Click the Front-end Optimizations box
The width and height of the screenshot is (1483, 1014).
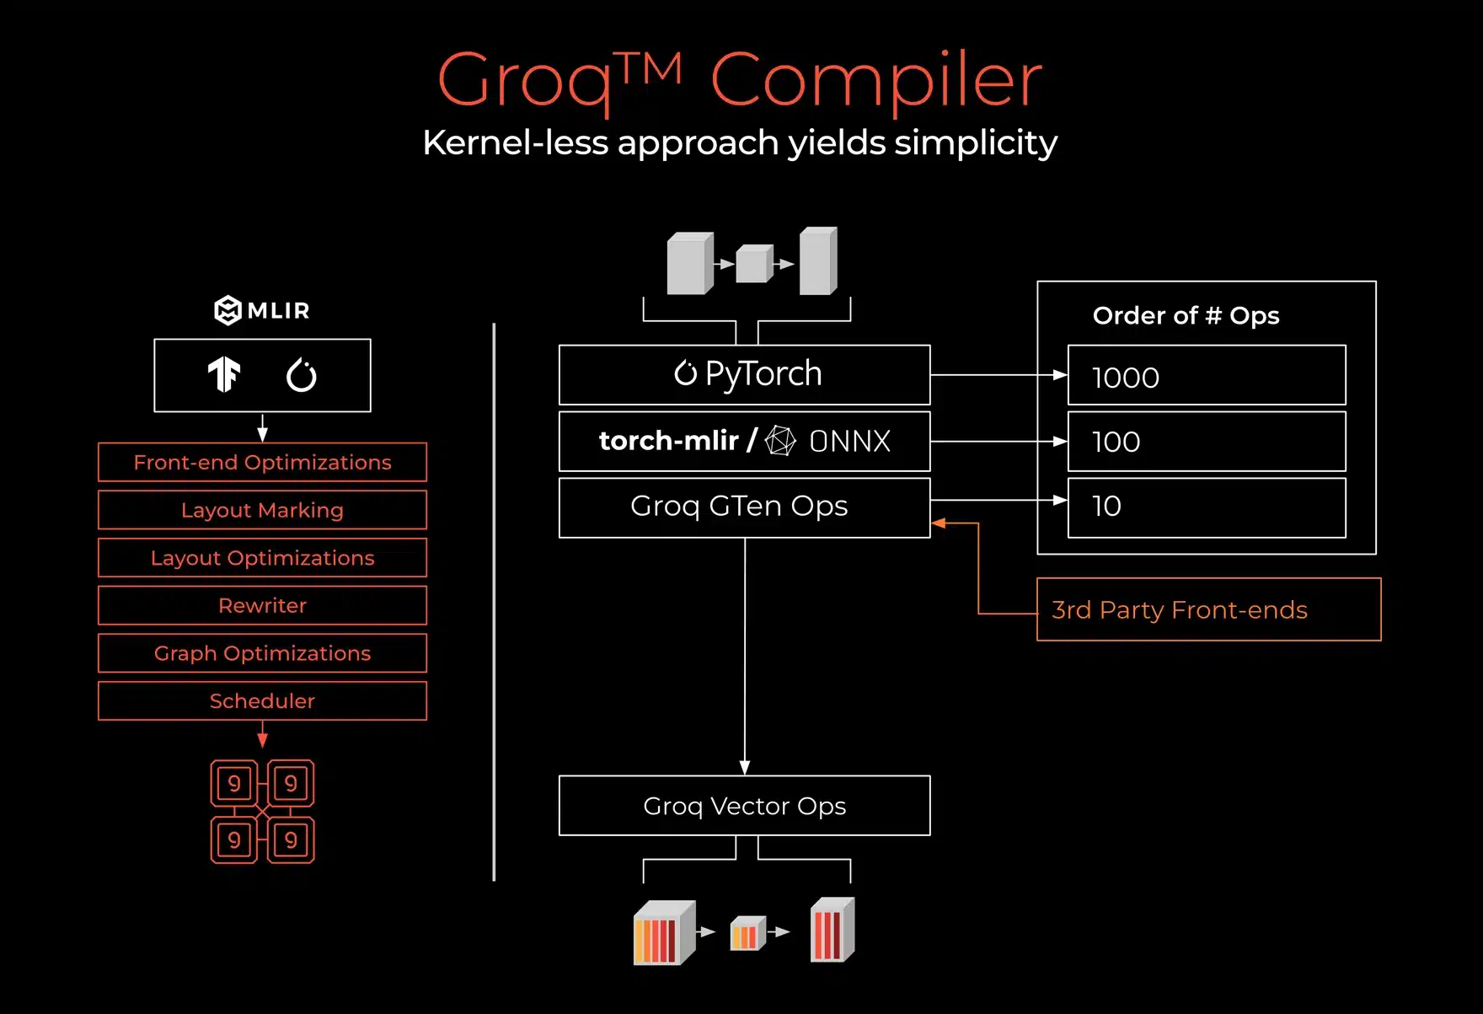[x=262, y=462]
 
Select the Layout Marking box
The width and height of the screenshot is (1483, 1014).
[x=262, y=510]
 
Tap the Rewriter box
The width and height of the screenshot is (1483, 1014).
[x=262, y=605]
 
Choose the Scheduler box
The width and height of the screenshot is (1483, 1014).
[x=262, y=700]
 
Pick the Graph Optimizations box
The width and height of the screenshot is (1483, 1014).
[x=262, y=653]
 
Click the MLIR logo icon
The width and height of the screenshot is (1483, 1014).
[x=228, y=310]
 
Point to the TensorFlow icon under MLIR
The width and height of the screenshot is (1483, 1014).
[x=224, y=375]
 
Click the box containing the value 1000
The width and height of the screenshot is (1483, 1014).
[x=1206, y=376]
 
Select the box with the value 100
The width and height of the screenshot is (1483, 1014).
[x=1206, y=441]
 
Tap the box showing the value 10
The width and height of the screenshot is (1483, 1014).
[x=1206, y=507]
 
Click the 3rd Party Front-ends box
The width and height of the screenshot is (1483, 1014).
[x=1208, y=609]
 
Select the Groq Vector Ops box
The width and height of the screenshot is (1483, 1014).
[x=744, y=806]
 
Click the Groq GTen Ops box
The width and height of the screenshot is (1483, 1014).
[x=744, y=507]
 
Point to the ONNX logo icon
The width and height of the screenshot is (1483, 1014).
[x=780, y=441]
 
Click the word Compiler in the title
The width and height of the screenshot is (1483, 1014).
[x=876, y=81]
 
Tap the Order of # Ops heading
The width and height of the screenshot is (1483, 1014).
[x=1186, y=315]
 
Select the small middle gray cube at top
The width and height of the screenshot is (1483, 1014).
[x=754, y=264]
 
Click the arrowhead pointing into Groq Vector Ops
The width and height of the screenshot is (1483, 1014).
[x=745, y=767]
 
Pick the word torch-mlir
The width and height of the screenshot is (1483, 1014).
[x=668, y=440]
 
